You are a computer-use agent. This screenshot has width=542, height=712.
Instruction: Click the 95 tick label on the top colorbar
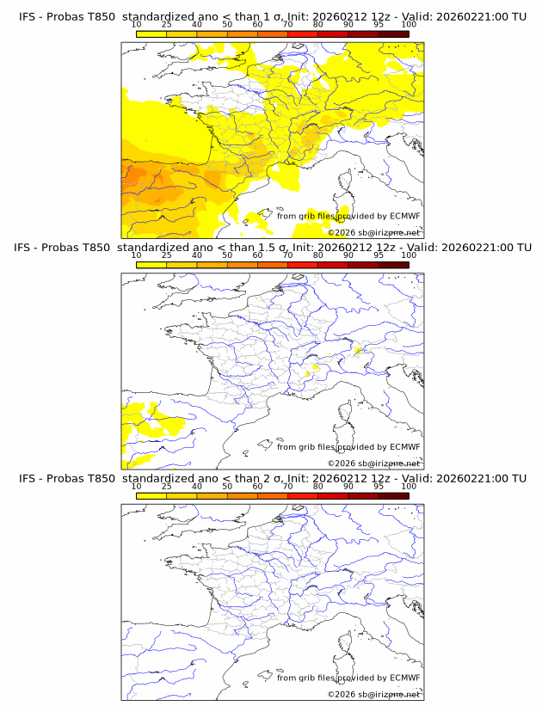[x=379, y=24]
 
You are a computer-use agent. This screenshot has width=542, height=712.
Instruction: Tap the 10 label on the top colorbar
[x=136, y=24]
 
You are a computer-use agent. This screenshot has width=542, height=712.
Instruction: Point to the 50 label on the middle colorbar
[x=227, y=255]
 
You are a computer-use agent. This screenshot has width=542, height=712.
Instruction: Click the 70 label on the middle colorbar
[x=287, y=255]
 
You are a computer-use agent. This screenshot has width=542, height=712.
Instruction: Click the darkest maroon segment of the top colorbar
[x=393, y=34]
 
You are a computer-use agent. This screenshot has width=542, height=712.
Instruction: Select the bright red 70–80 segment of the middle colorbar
[x=302, y=265]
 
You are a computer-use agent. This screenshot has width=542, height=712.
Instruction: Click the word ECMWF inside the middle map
[x=404, y=447]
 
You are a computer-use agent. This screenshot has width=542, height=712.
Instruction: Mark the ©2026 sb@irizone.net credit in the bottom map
[x=374, y=694]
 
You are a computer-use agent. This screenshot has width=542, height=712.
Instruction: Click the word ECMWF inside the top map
[x=404, y=216]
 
